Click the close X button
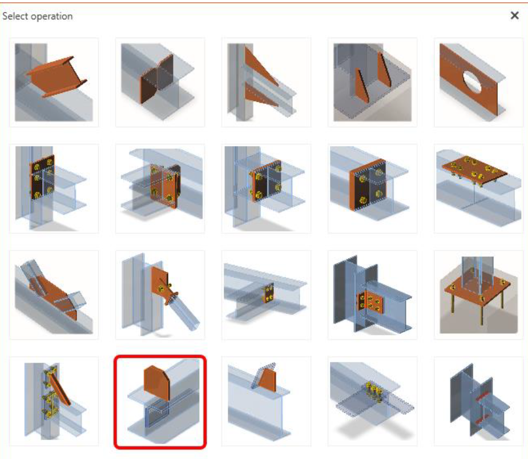(x=514, y=15)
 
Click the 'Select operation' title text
(x=37, y=16)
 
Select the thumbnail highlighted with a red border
(x=160, y=402)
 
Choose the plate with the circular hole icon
(x=478, y=82)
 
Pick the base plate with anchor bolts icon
(x=478, y=295)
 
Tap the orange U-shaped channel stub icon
(x=54, y=82)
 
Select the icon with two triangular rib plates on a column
(x=266, y=82)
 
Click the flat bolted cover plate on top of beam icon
(x=478, y=188)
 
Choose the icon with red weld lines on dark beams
(x=478, y=401)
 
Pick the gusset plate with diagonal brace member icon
(x=160, y=295)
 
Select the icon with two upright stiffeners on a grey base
(x=372, y=82)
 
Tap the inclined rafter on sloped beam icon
(x=54, y=295)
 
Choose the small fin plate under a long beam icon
(x=266, y=295)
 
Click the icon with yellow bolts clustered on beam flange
(x=372, y=401)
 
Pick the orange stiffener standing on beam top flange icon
(x=266, y=401)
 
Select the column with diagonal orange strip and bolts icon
(x=54, y=401)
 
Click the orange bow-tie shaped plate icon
(x=160, y=82)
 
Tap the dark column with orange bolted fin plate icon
(x=372, y=295)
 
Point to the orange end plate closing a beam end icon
(x=372, y=188)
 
